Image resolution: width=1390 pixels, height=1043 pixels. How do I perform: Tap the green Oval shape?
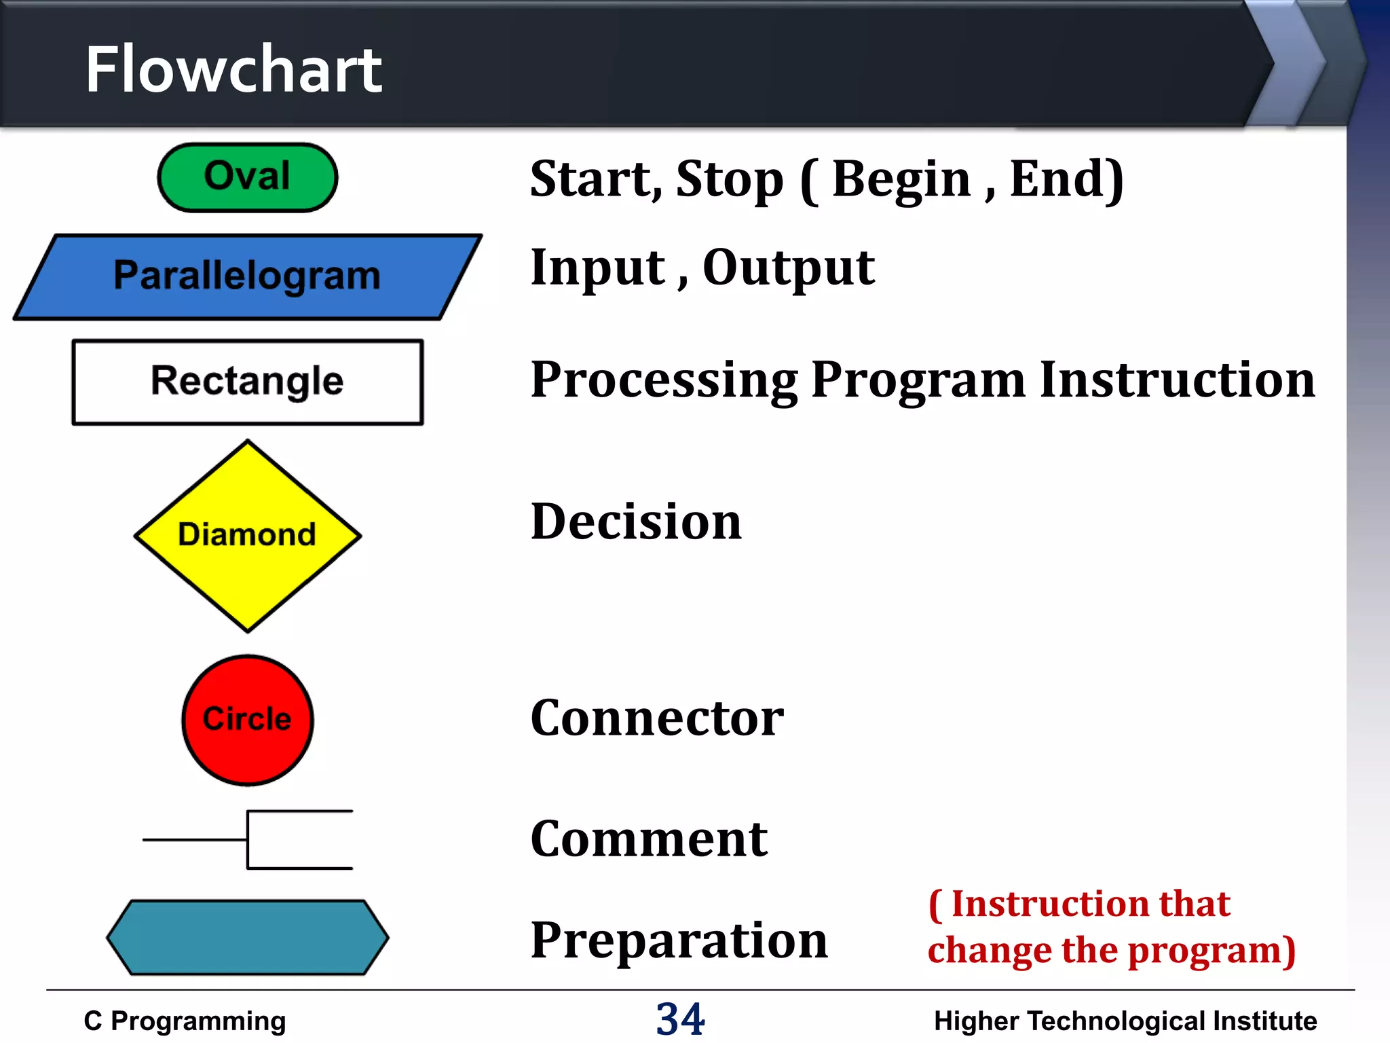tap(247, 177)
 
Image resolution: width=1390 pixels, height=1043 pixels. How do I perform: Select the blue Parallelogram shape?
tap(247, 276)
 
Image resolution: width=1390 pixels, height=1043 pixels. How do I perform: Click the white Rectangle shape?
tap(247, 382)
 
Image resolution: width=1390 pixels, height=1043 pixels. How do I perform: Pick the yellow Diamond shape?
tap(247, 535)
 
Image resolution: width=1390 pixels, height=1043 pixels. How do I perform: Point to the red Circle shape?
tap(247, 720)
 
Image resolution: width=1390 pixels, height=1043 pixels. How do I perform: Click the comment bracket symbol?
tap(271, 839)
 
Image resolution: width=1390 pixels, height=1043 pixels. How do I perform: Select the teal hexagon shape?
tap(247, 938)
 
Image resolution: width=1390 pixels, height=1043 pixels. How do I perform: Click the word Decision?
tap(636, 521)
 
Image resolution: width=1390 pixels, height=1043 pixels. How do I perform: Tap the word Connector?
tap(656, 718)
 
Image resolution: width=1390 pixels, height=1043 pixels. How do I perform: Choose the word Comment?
tap(648, 839)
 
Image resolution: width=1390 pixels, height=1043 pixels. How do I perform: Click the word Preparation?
tap(679, 940)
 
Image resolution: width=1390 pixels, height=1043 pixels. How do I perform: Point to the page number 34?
tap(680, 1019)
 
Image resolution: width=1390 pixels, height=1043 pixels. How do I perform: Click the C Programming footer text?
tap(185, 1021)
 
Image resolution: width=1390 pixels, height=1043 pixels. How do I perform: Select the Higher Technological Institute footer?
tap(1125, 1021)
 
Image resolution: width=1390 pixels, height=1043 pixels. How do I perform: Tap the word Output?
tap(788, 268)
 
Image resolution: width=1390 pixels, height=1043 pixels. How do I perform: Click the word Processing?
tap(664, 380)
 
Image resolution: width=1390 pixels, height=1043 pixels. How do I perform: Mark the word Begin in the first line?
tap(901, 179)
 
